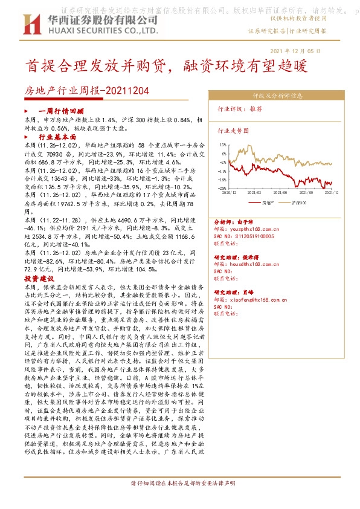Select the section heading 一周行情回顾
click(x=60, y=112)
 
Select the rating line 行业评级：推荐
click(x=240, y=109)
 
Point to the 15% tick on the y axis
click(x=222, y=145)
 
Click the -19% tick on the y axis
click(x=222, y=180)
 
